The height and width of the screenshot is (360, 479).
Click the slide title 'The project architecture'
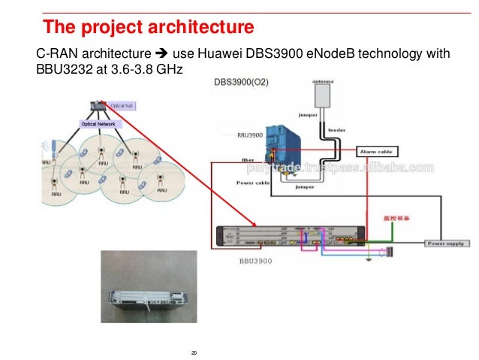pos(148,28)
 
